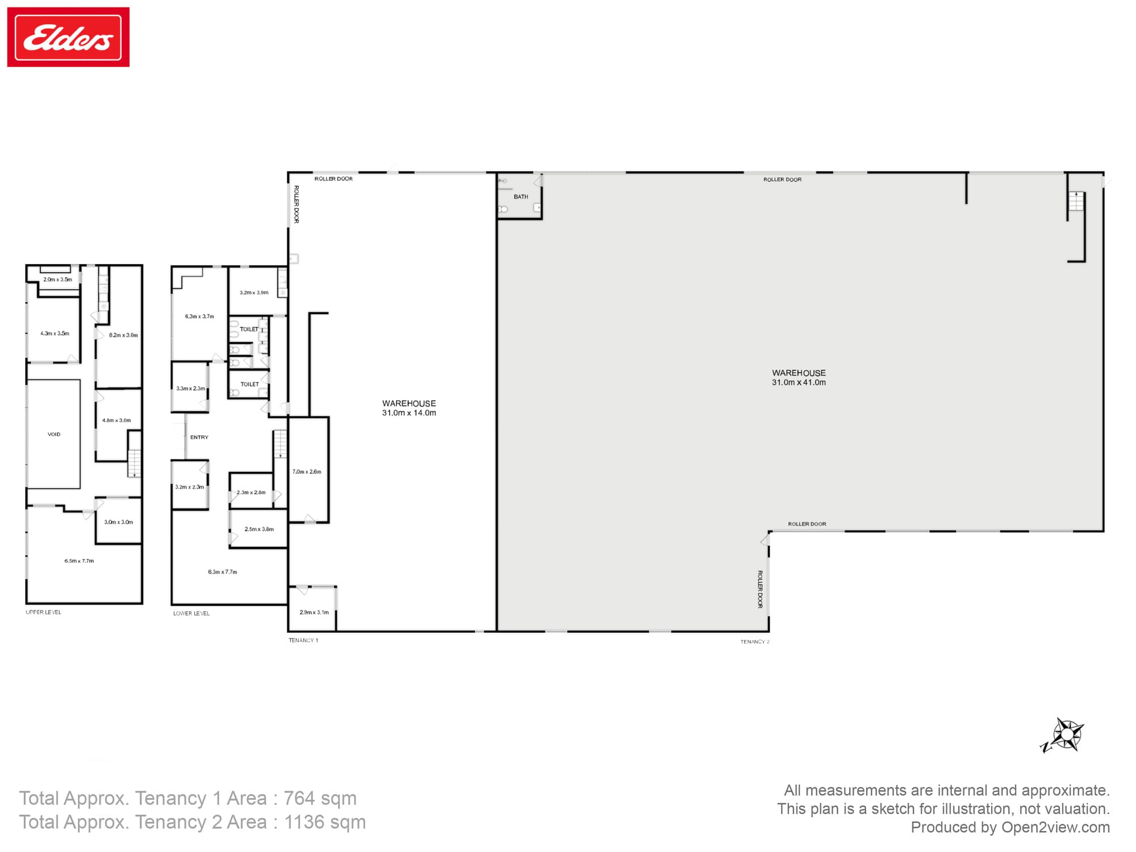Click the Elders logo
pos(68,37)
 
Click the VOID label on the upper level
pos(54,435)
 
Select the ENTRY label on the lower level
pos(199,437)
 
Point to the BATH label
pos(521,197)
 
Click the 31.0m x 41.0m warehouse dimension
pos(799,383)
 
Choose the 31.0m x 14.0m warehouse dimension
pos(409,413)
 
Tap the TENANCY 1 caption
pos(303,641)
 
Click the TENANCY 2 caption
pos(755,642)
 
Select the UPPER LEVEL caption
pos(43,612)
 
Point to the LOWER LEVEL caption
pos(191,613)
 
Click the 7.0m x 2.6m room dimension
pos(307,472)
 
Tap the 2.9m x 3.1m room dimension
pos(314,612)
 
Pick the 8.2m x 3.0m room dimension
pos(123,335)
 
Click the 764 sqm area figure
pos(320,799)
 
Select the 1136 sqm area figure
pos(325,822)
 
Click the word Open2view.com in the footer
pos(1055,828)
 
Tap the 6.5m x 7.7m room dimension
pos(79,561)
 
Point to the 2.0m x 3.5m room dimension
pos(58,279)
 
